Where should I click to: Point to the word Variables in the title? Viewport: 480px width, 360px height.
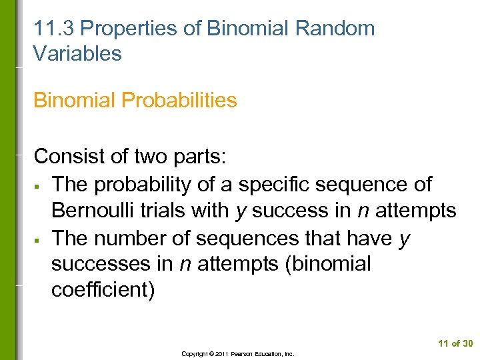click(78, 53)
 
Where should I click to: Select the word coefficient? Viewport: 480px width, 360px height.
click(103, 291)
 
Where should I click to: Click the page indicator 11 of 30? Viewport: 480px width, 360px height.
click(455, 343)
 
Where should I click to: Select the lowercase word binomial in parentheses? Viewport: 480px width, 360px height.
click(329, 265)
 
